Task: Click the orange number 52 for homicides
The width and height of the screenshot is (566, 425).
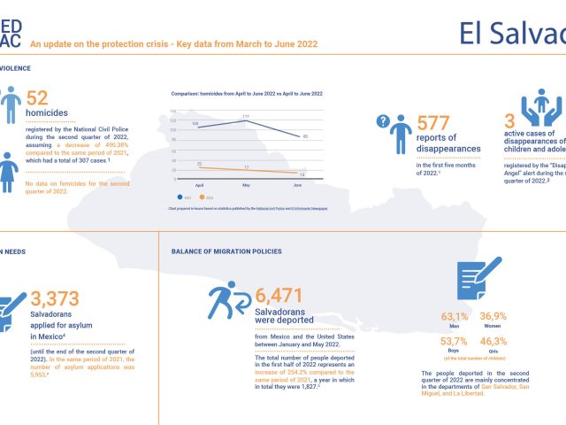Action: [38, 100]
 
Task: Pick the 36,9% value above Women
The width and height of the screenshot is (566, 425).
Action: [493, 316]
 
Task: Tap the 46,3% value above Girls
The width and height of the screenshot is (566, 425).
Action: [493, 341]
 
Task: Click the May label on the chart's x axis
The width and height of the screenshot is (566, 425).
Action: [247, 184]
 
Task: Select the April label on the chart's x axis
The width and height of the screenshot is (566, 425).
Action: [199, 184]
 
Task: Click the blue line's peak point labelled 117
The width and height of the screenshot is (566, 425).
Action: [245, 120]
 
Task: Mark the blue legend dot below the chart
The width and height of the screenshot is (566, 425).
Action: [180, 197]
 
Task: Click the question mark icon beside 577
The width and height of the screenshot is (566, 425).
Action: [384, 121]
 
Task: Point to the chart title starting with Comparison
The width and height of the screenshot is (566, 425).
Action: [246, 94]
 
